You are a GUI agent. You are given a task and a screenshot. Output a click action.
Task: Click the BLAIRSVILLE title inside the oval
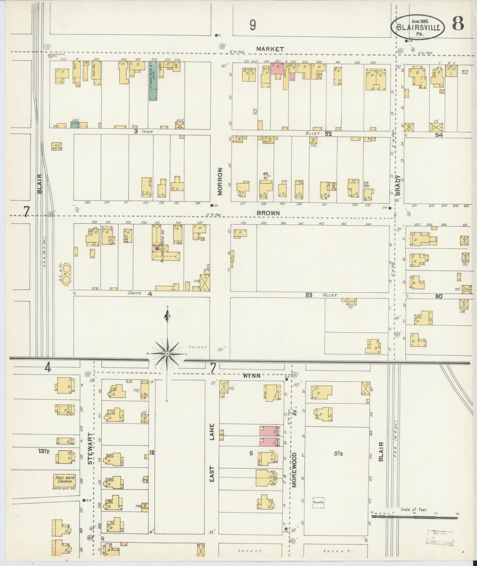point(418,28)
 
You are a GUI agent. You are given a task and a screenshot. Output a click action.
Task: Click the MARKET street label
point(270,49)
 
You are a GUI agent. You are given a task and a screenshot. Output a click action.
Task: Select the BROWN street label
point(268,213)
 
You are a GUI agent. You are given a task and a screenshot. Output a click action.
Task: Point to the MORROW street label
point(221,181)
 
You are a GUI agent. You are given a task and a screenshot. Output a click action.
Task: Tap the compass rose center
point(167,354)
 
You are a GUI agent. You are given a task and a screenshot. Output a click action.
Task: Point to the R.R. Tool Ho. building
point(56,147)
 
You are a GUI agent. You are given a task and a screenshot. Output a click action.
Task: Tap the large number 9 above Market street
point(253,25)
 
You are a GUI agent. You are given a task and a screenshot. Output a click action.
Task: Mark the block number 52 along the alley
point(327,134)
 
